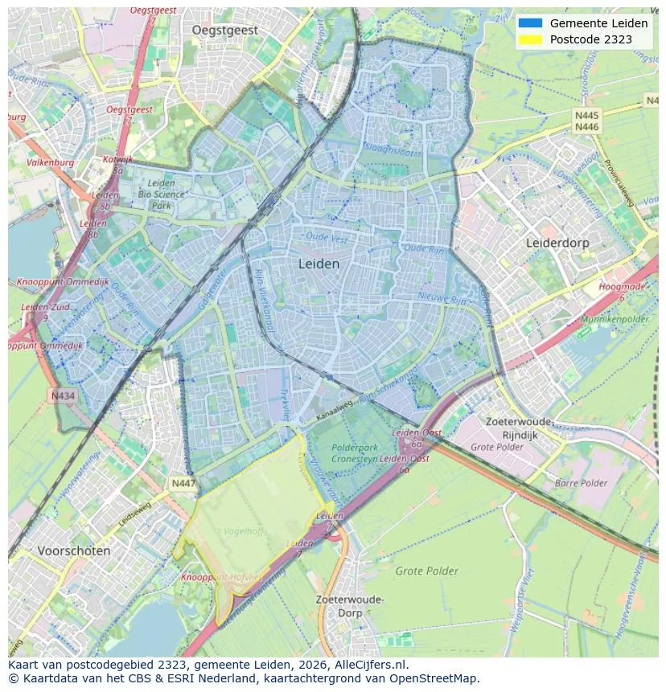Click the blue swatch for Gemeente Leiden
531,23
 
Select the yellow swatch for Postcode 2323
531,39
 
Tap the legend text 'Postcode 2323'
590,39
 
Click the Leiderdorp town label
557,242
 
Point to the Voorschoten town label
73,551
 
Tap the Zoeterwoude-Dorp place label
350,606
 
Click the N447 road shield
183,483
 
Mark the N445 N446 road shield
586,121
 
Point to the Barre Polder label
581,483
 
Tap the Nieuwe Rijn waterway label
442,298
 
